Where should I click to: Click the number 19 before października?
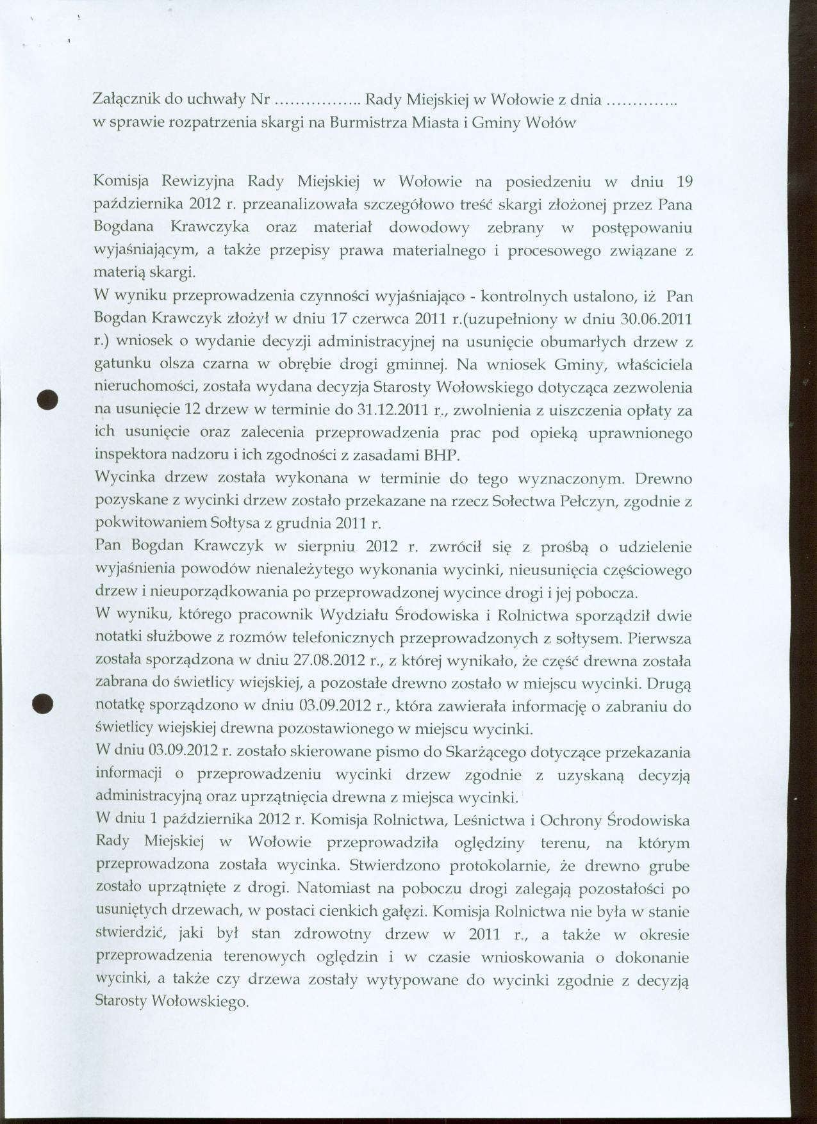[x=684, y=182]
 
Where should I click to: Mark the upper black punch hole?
[x=48, y=400]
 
